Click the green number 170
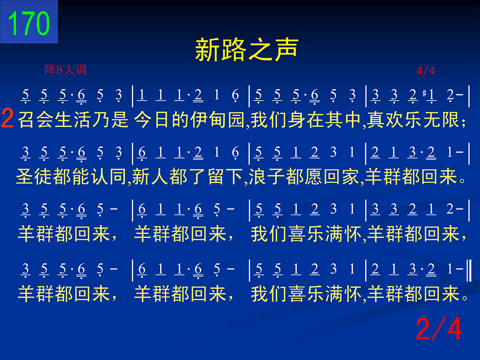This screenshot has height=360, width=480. tap(29, 23)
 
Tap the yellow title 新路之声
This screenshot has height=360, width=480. tap(247, 49)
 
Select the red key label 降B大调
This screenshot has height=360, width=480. tap(65, 70)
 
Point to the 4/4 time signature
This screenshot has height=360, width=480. tap(425, 71)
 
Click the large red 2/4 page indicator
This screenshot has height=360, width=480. tap(439, 328)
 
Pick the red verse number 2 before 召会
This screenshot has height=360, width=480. tap(8, 118)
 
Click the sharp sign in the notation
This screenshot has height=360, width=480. tap(424, 93)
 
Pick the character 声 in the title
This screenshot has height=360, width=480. tap(287, 49)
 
